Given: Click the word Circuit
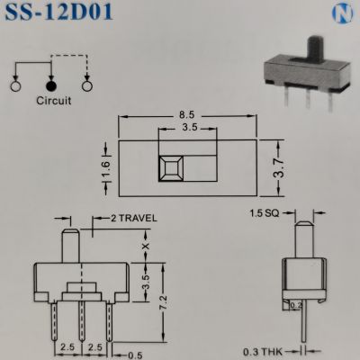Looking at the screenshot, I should (53, 102).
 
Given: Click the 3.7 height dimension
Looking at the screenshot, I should (279, 166).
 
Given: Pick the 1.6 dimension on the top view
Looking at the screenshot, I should (105, 166).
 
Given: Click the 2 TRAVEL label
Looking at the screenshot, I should (132, 219).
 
